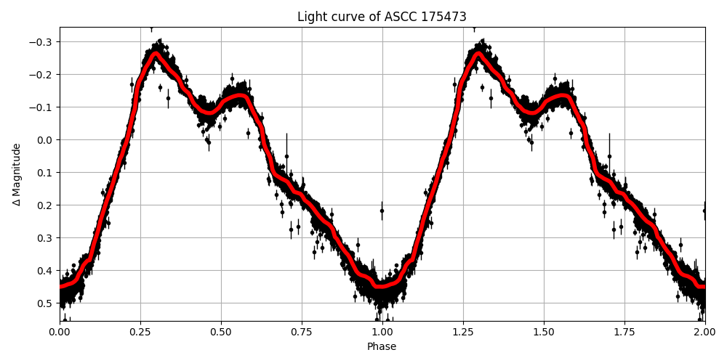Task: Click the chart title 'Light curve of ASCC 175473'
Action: click(x=382, y=17)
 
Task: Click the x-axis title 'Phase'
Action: click(x=382, y=346)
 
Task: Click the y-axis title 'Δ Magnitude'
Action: click(x=17, y=174)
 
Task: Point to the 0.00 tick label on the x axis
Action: click(x=60, y=332)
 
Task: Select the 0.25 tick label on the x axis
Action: click(x=140, y=332)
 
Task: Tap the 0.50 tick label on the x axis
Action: click(x=221, y=332)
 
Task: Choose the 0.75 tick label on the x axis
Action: click(x=302, y=332)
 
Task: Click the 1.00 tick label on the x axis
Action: click(x=382, y=332)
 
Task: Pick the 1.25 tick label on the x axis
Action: click(x=463, y=332)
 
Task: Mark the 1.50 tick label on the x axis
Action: click(x=544, y=332)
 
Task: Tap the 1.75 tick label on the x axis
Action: click(x=624, y=332)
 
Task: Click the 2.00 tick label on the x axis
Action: click(x=704, y=332)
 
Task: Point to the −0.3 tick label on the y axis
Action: click(x=41, y=41)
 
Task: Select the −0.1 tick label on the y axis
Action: click(x=41, y=107)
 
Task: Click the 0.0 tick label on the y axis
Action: click(x=45, y=139)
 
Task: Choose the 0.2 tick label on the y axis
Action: click(x=45, y=205)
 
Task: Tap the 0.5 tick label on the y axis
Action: click(x=45, y=303)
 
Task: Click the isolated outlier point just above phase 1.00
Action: click(x=382, y=211)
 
